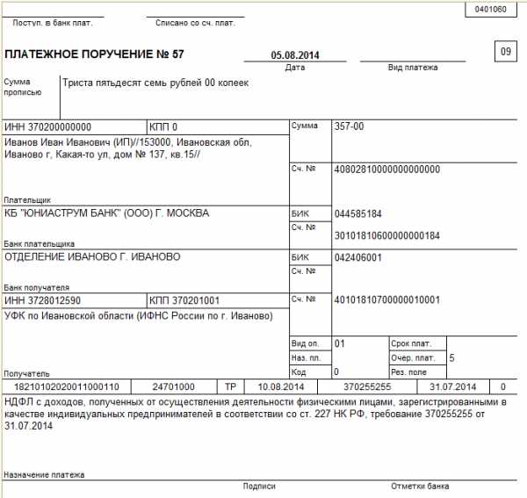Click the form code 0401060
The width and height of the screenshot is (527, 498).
pyautogui.click(x=490, y=10)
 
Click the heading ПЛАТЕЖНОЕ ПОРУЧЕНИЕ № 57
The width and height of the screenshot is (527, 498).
pyautogui.click(x=95, y=54)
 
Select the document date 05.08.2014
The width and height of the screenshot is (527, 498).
pyautogui.click(x=295, y=55)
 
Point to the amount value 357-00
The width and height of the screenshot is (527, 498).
pyautogui.click(x=350, y=126)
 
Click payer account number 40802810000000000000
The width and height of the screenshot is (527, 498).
pyautogui.click(x=386, y=169)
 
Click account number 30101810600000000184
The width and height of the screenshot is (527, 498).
pyautogui.click(x=386, y=235)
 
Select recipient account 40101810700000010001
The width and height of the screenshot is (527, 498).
pyautogui.click(x=386, y=300)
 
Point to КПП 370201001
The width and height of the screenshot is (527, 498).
pyautogui.click(x=184, y=300)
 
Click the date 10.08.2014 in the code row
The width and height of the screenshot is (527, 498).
pyautogui.click(x=281, y=386)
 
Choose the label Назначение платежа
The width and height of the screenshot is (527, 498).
pyautogui.click(x=44, y=474)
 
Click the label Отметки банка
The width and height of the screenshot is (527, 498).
pyautogui.click(x=420, y=486)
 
